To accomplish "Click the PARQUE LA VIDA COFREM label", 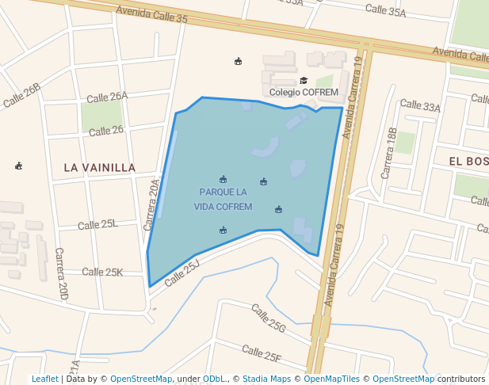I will point(223,200).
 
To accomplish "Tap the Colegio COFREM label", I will point(304,92).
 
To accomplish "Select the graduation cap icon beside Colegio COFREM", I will point(304,80).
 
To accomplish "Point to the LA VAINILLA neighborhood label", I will point(100,168).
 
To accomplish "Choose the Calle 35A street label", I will point(385,10).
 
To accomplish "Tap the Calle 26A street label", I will point(107,97).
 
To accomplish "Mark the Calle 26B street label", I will point(21,95).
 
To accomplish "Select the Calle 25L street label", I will point(97,225).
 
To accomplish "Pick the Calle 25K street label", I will point(102,272).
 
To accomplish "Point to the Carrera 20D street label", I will point(62,273).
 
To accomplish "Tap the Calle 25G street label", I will point(268,318).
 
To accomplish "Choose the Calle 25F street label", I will point(262,353).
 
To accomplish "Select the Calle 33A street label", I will point(420,105).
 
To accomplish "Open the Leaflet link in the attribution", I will point(44,379).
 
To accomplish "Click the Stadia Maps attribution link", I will point(266,379).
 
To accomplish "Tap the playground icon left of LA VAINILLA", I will point(19,166).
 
